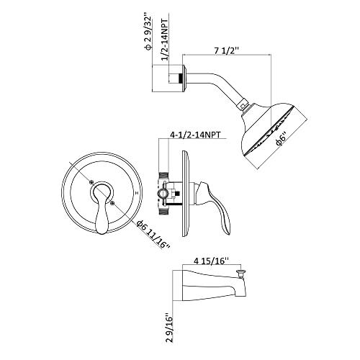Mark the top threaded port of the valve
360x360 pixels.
click(x=163, y=174)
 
